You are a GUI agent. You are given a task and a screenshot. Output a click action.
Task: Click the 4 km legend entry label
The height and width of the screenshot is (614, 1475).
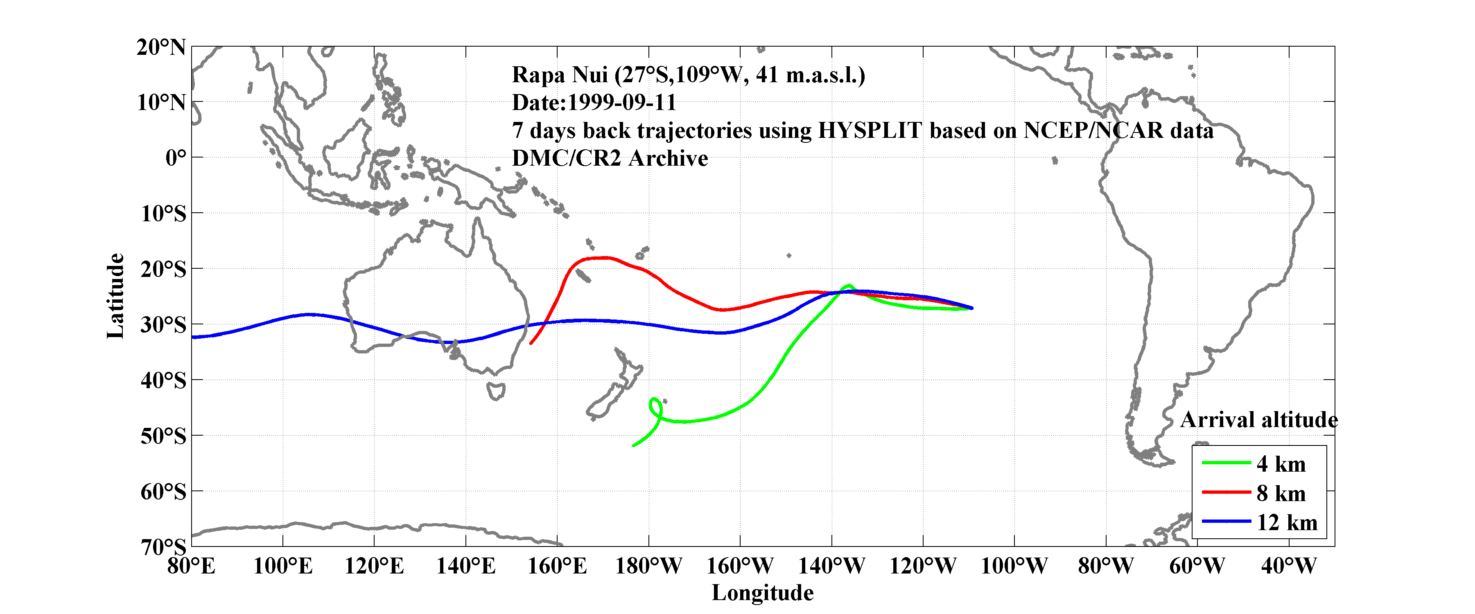click(1281, 464)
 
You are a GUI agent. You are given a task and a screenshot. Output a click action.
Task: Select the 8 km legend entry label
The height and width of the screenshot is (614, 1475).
click(1281, 493)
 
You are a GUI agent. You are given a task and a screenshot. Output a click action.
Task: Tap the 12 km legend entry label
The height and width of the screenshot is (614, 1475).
click(1287, 522)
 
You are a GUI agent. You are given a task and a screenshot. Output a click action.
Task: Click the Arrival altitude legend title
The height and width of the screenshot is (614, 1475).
click(1258, 420)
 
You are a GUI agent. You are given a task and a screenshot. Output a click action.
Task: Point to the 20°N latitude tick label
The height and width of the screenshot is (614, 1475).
click(161, 47)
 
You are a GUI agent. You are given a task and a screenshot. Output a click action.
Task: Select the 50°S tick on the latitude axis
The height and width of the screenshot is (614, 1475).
click(163, 436)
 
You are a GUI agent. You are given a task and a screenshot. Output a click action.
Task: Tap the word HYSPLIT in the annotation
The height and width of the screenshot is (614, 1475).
click(870, 131)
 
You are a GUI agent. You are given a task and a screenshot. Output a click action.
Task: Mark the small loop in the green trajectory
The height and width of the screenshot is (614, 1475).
click(656, 407)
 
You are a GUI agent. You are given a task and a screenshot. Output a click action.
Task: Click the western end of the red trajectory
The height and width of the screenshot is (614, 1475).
click(532, 343)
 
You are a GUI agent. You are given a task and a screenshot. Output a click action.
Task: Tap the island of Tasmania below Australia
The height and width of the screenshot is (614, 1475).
click(496, 391)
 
